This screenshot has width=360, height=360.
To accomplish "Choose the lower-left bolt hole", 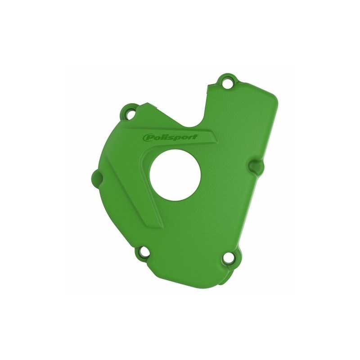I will tap(145, 254).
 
